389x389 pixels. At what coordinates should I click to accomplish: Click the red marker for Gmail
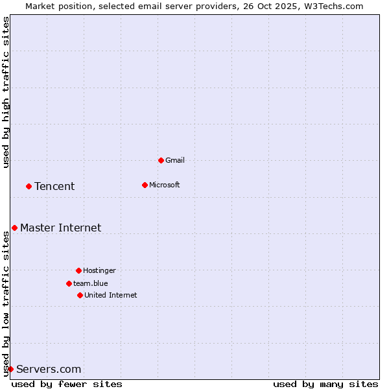(161, 160)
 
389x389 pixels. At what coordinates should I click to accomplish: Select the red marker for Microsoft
(145, 185)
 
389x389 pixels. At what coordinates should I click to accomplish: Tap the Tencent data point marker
(29, 186)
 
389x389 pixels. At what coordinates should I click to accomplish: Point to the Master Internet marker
(14, 228)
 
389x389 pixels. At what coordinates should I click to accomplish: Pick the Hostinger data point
(78, 270)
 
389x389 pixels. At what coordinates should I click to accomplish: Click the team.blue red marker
(69, 283)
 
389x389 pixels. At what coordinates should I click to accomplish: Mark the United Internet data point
(80, 295)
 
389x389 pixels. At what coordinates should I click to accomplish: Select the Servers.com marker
(10, 369)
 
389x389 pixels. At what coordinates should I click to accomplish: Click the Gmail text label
(175, 160)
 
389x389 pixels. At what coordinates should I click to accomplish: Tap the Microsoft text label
(165, 185)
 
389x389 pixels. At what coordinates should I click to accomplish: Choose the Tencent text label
(54, 187)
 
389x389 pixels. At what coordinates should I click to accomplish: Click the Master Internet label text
(61, 228)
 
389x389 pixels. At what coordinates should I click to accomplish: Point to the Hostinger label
(99, 270)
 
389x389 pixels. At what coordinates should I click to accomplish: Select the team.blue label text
(91, 283)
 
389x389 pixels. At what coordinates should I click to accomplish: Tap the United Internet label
(111, 295)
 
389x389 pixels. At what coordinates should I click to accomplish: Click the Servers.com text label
(49, 370)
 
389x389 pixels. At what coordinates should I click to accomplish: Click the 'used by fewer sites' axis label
(67, 384)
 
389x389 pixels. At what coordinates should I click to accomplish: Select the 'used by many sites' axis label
(325, 384)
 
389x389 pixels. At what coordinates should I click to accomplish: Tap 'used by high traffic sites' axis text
(6, 92)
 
